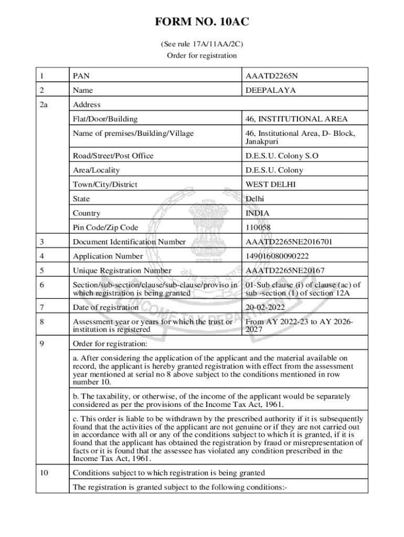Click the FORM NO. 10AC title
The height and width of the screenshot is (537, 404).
click(x=201, y=23)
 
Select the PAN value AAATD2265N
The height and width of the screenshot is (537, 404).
click(x=271, y=76)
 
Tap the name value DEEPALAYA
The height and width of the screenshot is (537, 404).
click(x=270, y=90)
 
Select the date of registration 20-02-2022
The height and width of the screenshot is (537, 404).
click(x=265, y=308)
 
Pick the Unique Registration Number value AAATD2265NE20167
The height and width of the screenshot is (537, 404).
click(x=285, y=271)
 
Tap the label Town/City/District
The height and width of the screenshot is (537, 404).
click(x=105, y=185)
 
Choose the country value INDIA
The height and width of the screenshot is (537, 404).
click(x=258, y=213)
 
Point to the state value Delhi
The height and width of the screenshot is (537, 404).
click(x=255, y=199)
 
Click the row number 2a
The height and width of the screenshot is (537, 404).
click(x=44, y=104)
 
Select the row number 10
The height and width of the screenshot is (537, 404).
click(x=44, y=473)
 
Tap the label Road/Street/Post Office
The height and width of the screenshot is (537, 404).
click(x=113, y=156)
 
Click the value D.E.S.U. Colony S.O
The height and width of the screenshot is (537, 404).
click(x=282, y=156)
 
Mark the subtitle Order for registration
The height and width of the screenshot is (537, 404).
click(x=201, y=56)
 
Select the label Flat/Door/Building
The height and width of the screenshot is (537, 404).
click(x=105, y=119)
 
